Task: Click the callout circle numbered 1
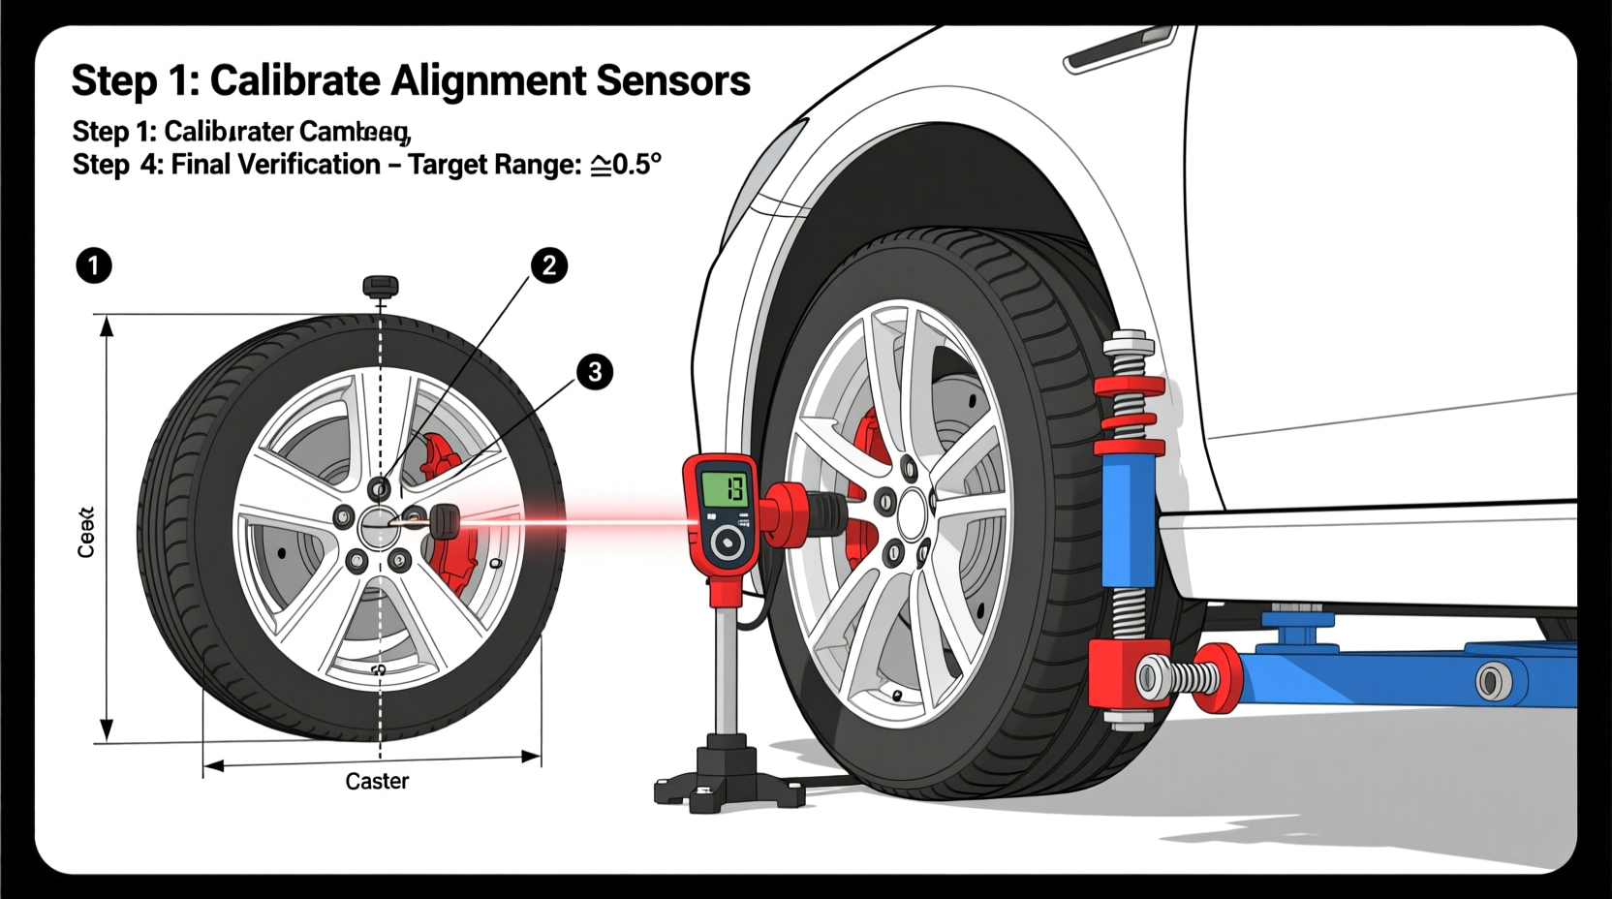coord(94,264)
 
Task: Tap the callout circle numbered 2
coord(548,264)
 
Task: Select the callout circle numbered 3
coord(595,372)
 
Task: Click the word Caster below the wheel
coord(377,781)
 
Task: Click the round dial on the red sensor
coord(727,545)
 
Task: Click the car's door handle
coord(1119,48)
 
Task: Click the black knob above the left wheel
coord(381,286)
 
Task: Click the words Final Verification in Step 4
coord(276,165)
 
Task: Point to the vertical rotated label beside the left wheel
coord(86,532)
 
